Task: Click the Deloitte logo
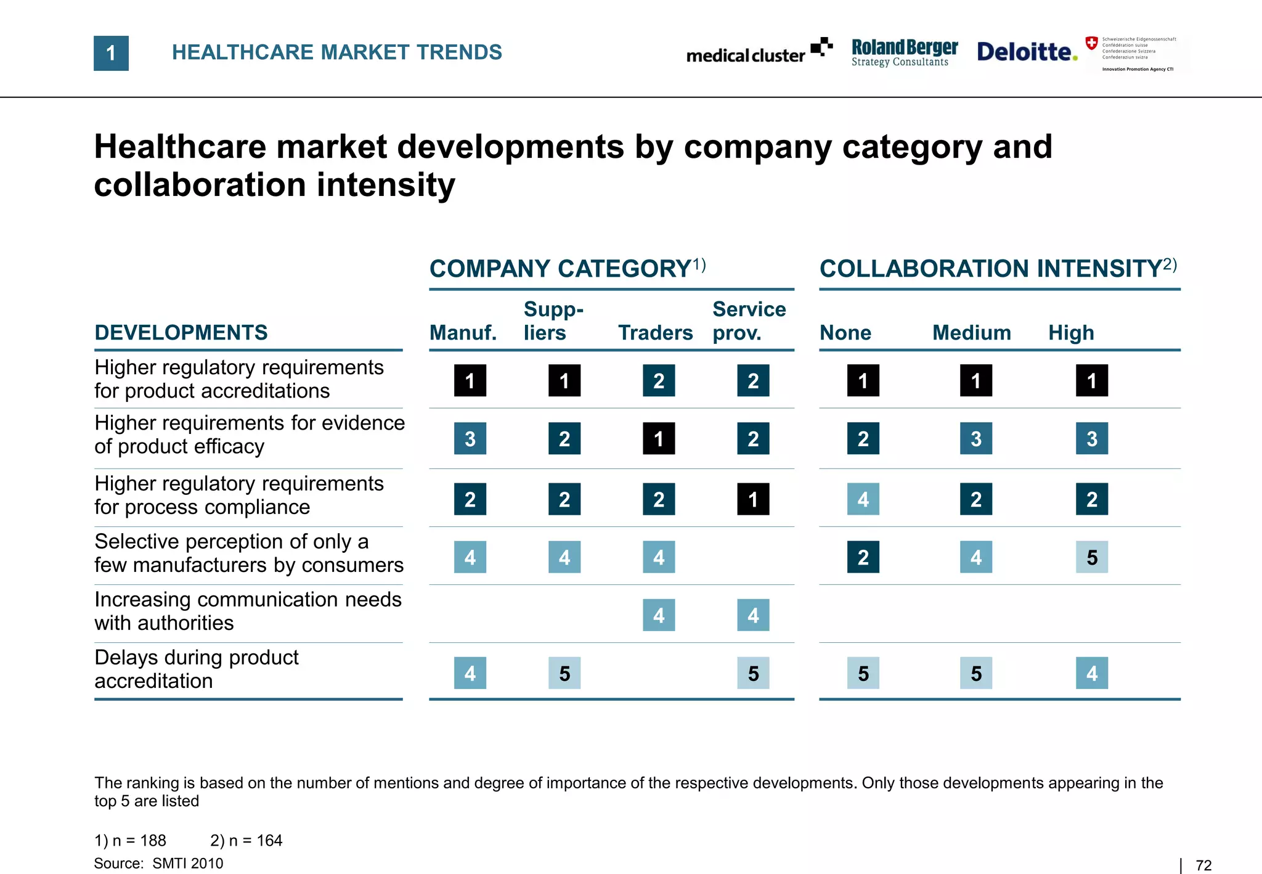tap(1027, 52)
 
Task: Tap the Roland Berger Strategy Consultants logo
tap(904, 52)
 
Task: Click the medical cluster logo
tap(759, 52)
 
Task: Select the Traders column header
tap(655, 333)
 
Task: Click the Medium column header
tap(971, 333)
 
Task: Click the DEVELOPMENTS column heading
tap(181, 333)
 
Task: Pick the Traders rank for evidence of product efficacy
tap(659, 438)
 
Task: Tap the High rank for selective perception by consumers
tap(1091, 557)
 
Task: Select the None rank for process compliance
tap(863, 499)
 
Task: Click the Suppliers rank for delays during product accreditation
tap(564, 673)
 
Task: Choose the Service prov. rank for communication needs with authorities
tap(753, 615)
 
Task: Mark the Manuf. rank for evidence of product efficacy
tap(470, 438)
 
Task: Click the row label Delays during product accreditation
tap(196, 669)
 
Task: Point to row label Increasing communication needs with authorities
tap(248, 611)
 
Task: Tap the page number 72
tap(1203, 865)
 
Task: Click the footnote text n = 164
tap(246, 841)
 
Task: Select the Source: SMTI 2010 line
tap(158, 864)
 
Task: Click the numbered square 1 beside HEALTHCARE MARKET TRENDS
tap(111, 53)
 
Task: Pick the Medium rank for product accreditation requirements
tap(975, 380)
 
